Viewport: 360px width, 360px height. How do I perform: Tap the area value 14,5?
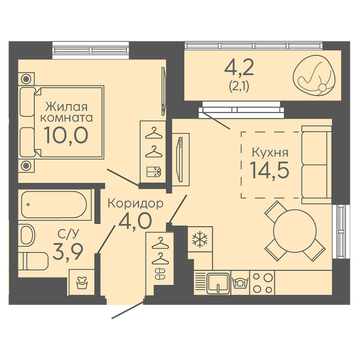click(x=269, y=170)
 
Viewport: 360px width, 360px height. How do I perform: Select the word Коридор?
click(x=135, y=204)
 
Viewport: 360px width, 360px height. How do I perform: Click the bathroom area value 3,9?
click(x=68, y=253)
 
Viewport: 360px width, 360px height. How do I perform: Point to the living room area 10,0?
click(x=66, y=135)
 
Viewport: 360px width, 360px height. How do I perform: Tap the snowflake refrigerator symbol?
click(x=200, y=240)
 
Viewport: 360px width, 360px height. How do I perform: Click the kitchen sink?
click(x=218, y=283)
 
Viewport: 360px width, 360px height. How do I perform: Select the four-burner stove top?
click(x=262, y=283)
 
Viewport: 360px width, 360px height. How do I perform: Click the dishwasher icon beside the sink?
click(x=240, y=283)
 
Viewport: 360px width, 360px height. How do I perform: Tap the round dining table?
click(x=295, y=231)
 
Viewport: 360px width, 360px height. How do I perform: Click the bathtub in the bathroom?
click(x=54, y=205)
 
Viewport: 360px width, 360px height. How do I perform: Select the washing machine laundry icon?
click(x=82, y=283)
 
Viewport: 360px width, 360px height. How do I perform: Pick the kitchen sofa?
click(x=316, y=165)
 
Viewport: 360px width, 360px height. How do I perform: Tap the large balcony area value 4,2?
click(x=239, y=67)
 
